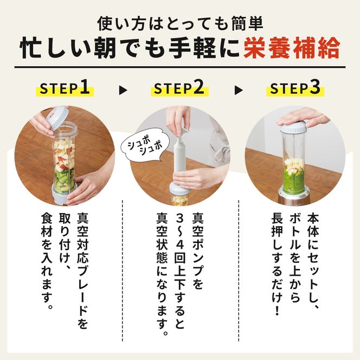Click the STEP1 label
(65, 89)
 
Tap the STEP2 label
(179, 89)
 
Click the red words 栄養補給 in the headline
(291, 49)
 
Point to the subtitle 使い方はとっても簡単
(179, 23)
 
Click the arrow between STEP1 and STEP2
(122, 90)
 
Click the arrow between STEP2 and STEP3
(237, 90)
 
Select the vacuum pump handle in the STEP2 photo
(179, 136)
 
